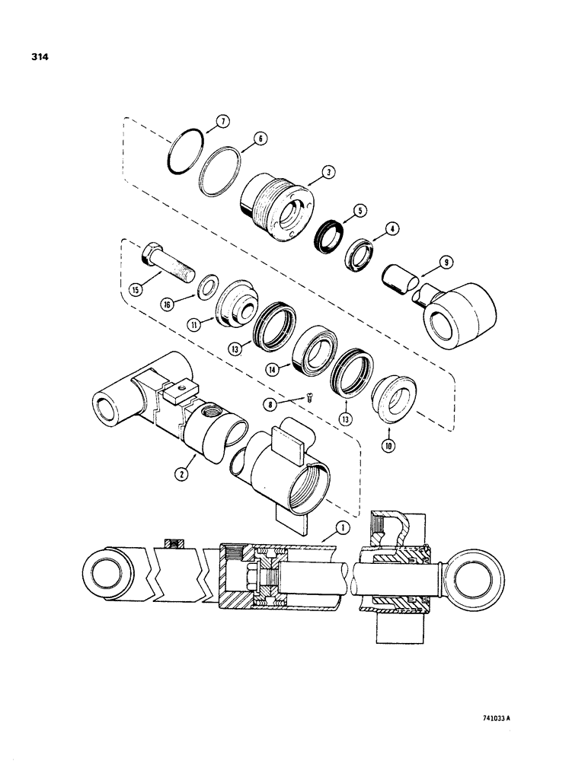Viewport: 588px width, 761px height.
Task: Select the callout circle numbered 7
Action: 221,121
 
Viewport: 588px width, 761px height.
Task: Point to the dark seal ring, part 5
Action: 329,234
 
